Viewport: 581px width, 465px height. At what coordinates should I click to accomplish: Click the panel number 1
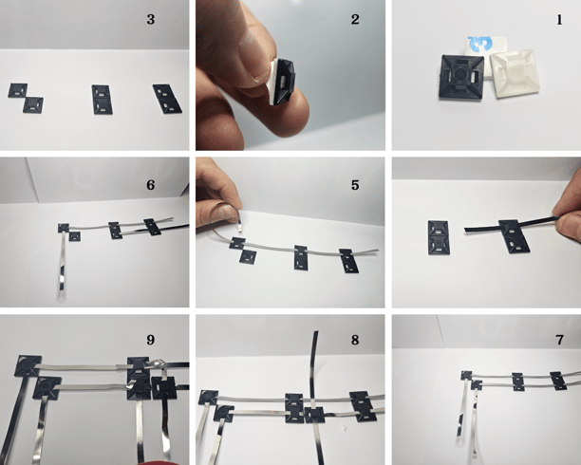(559, 20)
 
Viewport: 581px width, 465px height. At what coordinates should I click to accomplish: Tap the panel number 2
(355, 19)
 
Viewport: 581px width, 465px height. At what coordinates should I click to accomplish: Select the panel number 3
(150, 19)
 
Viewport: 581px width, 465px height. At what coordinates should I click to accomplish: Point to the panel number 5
(355, 185)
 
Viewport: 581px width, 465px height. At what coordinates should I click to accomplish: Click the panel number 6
(150, 185)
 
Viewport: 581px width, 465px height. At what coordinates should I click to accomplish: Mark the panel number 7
(559, 340)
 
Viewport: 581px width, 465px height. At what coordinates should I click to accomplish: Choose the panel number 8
(355, 340)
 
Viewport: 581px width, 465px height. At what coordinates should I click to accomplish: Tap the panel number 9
(150, 340)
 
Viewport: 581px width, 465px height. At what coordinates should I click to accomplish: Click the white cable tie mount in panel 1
(515, 74)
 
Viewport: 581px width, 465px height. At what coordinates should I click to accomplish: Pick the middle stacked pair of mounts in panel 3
(102, 100)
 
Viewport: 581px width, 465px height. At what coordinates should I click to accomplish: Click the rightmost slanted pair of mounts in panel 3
(167, 99)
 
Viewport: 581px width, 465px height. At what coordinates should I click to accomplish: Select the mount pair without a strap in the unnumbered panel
(439, 237)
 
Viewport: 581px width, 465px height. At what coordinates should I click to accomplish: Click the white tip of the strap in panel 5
(240, 228)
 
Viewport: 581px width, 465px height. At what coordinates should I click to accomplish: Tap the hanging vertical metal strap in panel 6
(63, 264)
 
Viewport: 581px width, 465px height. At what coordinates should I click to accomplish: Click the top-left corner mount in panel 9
(28, 365)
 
